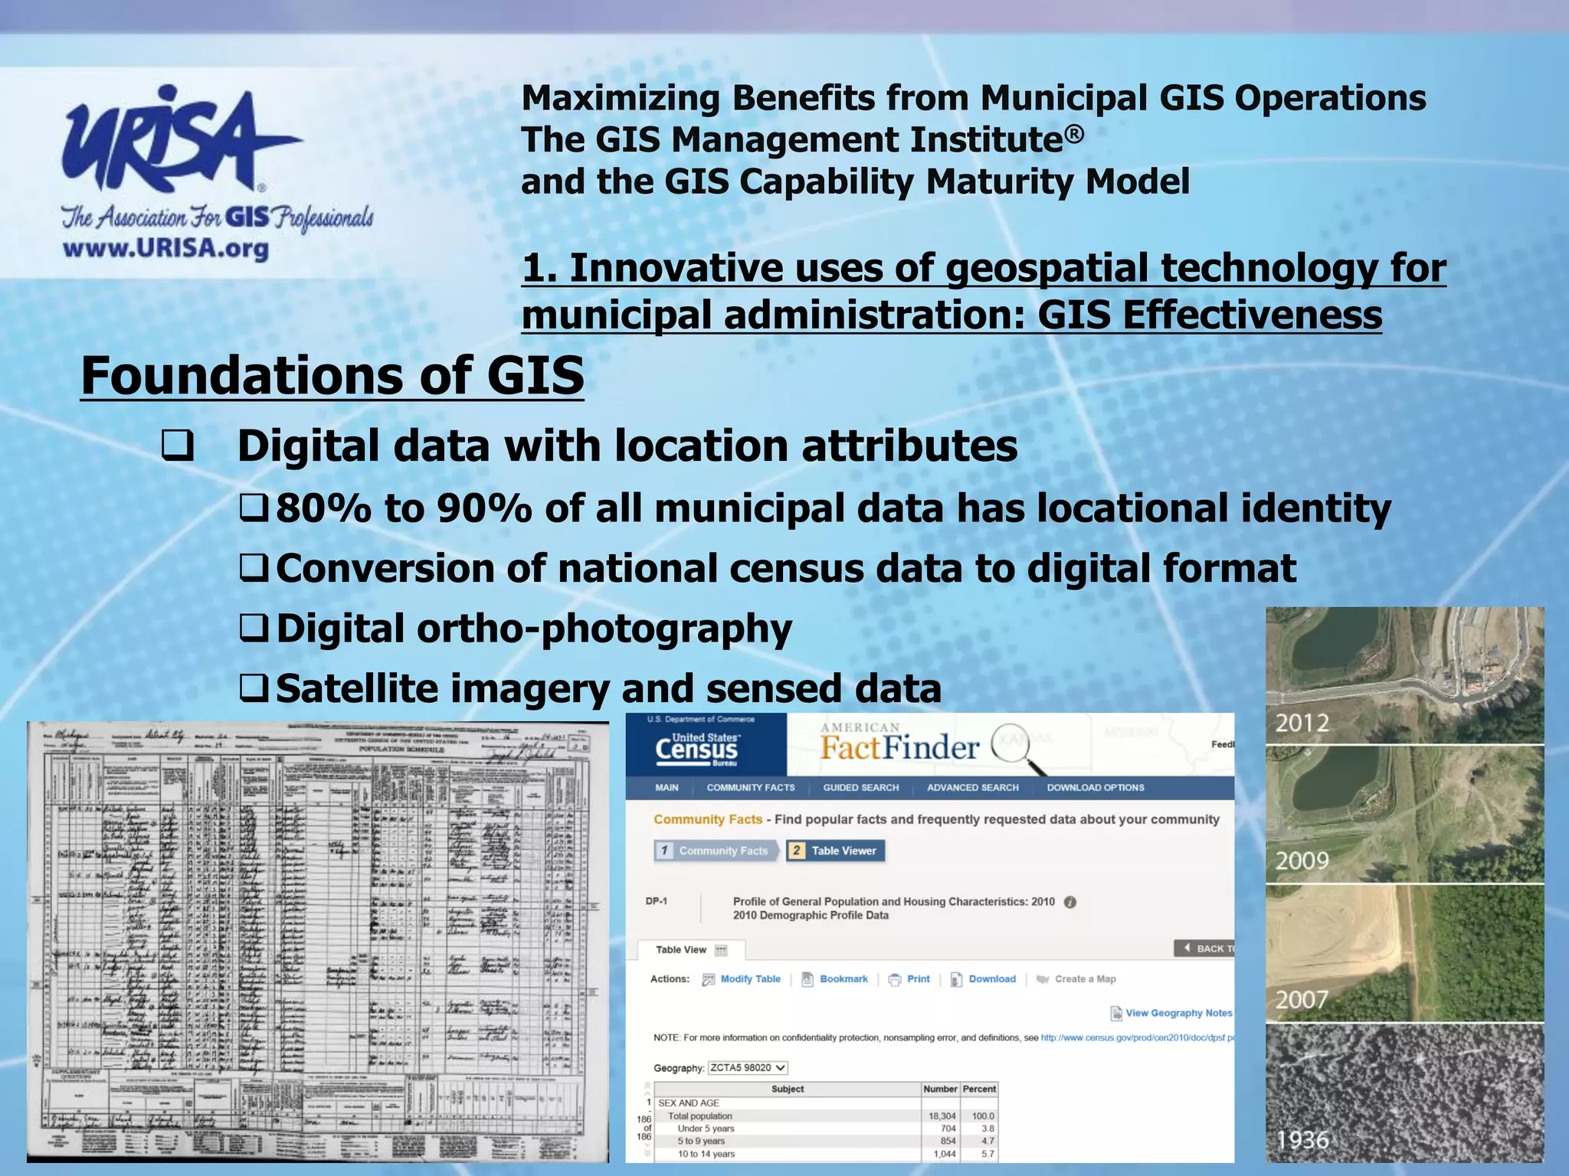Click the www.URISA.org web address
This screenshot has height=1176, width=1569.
pyautogui.click(x=165, y=249)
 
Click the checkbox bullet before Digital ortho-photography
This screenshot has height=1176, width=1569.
pyautogui.click(x=253, y=629)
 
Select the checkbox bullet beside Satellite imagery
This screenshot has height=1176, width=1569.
pyautogui.click(x=253, y=688)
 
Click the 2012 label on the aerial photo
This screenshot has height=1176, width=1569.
pyautogui.click(x=1302, y=722)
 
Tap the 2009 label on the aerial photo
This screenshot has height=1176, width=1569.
pyautogui.click(x=1302, y=861)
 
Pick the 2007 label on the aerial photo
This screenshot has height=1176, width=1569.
pyautogui.click(x=1301, y=999)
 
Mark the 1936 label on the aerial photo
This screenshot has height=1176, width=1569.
pyautogui.click(x=1302, y=1140)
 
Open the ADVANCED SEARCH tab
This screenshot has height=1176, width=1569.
pyautogui.click(x=972, y=787)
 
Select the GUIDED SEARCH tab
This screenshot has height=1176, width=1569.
pyautogui.click(x=860, y=787)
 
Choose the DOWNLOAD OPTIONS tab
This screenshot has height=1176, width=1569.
pyautogui.click(x=1095, y=787)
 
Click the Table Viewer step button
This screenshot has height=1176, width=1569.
pyautogui.click(x=836, y=851)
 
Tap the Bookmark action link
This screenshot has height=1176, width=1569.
pyautogui.click(x=843, y=979)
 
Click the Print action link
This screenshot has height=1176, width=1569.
pyautogui.click(x=917, y=979)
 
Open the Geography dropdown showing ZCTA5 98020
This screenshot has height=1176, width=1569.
pyautogui.click(x=748, y=1067)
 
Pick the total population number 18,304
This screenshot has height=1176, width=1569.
pyautogui.click(x=942, y=1116)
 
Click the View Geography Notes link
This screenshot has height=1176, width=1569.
pyautogui.click(x=1178, y=1013)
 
